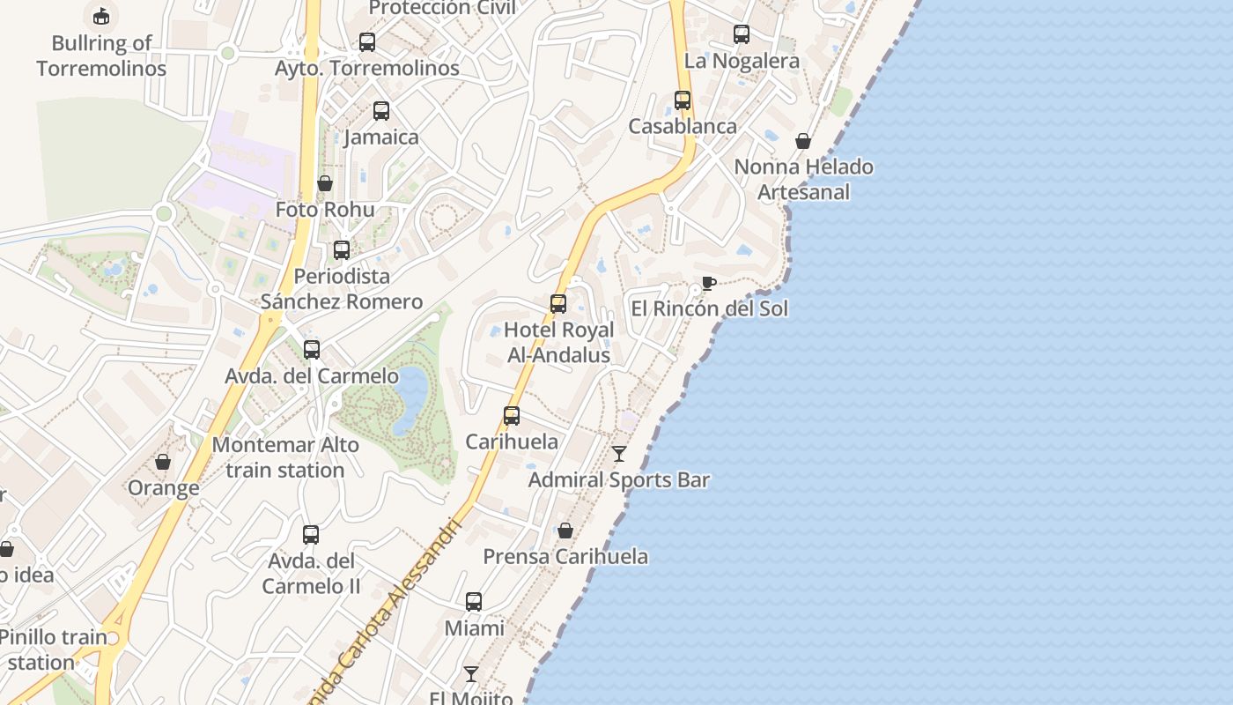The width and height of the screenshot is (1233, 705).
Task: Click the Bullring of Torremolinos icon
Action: (101, 16)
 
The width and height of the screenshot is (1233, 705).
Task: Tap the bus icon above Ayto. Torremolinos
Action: (367, 41)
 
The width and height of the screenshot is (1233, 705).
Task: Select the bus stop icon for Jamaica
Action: (381, 111)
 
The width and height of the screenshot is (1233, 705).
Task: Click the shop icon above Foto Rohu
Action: (325, 183)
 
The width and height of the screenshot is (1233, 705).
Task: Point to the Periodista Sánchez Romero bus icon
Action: (342, 250)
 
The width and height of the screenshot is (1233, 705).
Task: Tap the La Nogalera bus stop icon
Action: (742, 34)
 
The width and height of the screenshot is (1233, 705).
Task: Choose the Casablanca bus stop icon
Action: (683, 100)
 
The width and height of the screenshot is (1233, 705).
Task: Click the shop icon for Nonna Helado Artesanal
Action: (803, 141)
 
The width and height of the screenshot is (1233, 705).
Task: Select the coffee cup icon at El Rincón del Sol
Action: (708, 283)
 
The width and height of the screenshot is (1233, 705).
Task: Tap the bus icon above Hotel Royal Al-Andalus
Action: (558, 304)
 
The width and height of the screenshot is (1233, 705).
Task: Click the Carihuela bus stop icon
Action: (512, 416)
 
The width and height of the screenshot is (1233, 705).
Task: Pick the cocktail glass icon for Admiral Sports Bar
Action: (619, 454)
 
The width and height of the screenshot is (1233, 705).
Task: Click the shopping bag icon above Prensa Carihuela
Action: (565, 531)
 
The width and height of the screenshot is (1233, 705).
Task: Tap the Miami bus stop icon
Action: (474, 602)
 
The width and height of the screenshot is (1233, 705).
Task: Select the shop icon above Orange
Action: (163, 462)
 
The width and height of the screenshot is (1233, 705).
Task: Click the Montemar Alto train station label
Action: (284, 457)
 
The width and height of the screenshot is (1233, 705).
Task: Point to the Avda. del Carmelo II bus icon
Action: (311, 535)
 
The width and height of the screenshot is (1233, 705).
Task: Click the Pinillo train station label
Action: (53, 649)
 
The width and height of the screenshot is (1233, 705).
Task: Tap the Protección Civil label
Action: (442, 8)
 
